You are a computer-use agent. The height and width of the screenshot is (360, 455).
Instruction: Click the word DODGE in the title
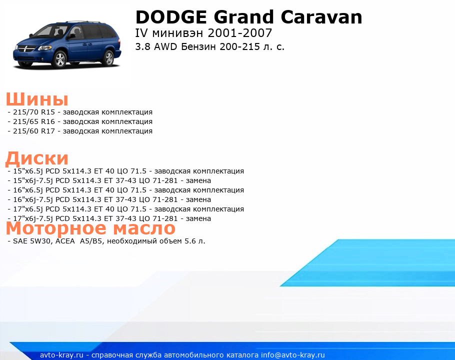click(171, 17)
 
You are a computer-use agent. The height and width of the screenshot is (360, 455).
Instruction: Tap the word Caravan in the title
click(321, 17)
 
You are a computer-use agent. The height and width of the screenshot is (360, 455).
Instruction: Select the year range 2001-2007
click(240, 33)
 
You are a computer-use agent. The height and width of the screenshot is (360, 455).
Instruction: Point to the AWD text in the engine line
click(165, 46)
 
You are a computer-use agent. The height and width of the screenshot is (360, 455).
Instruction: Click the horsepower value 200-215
click(239, 46)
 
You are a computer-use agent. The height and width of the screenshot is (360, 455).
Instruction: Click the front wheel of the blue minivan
click(60, 59)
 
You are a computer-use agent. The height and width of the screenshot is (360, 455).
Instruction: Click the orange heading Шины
click(37, 99)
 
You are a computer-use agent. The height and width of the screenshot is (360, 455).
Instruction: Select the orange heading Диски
click(37, 158)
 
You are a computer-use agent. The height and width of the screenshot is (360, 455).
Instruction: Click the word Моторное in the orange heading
click(56, 228)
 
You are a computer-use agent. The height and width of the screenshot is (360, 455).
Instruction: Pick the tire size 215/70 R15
click(34, 112)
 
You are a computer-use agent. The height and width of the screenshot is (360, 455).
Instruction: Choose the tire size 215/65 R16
click(34, 122)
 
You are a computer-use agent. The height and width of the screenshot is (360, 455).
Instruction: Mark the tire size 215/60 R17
click(34, 131)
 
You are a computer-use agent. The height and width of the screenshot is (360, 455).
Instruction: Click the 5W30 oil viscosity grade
click(40, 241)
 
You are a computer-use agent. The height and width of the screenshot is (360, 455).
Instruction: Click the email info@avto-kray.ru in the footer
click(293, 355)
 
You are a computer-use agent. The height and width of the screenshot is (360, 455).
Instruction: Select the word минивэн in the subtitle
click(177, 33)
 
